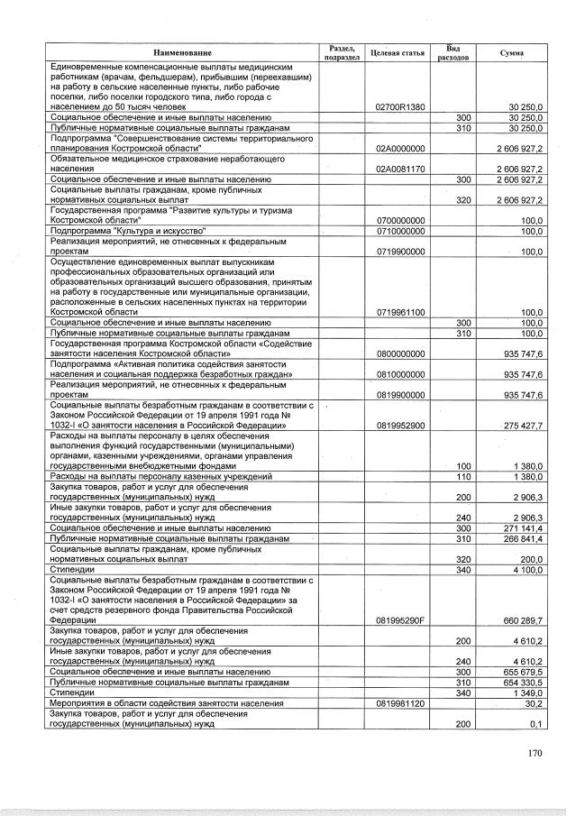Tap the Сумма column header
click(511, 53)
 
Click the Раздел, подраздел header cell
click(342, 53)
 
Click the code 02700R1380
click(400, 108)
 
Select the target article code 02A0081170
click(400, 169)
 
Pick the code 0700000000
click(400, 221)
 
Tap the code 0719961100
click(400, 312)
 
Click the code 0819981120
click(400, 703)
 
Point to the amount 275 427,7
click(517, 426)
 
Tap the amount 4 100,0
click(523, 570)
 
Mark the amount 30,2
click(532, 703)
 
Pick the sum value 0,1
click(535, 724)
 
